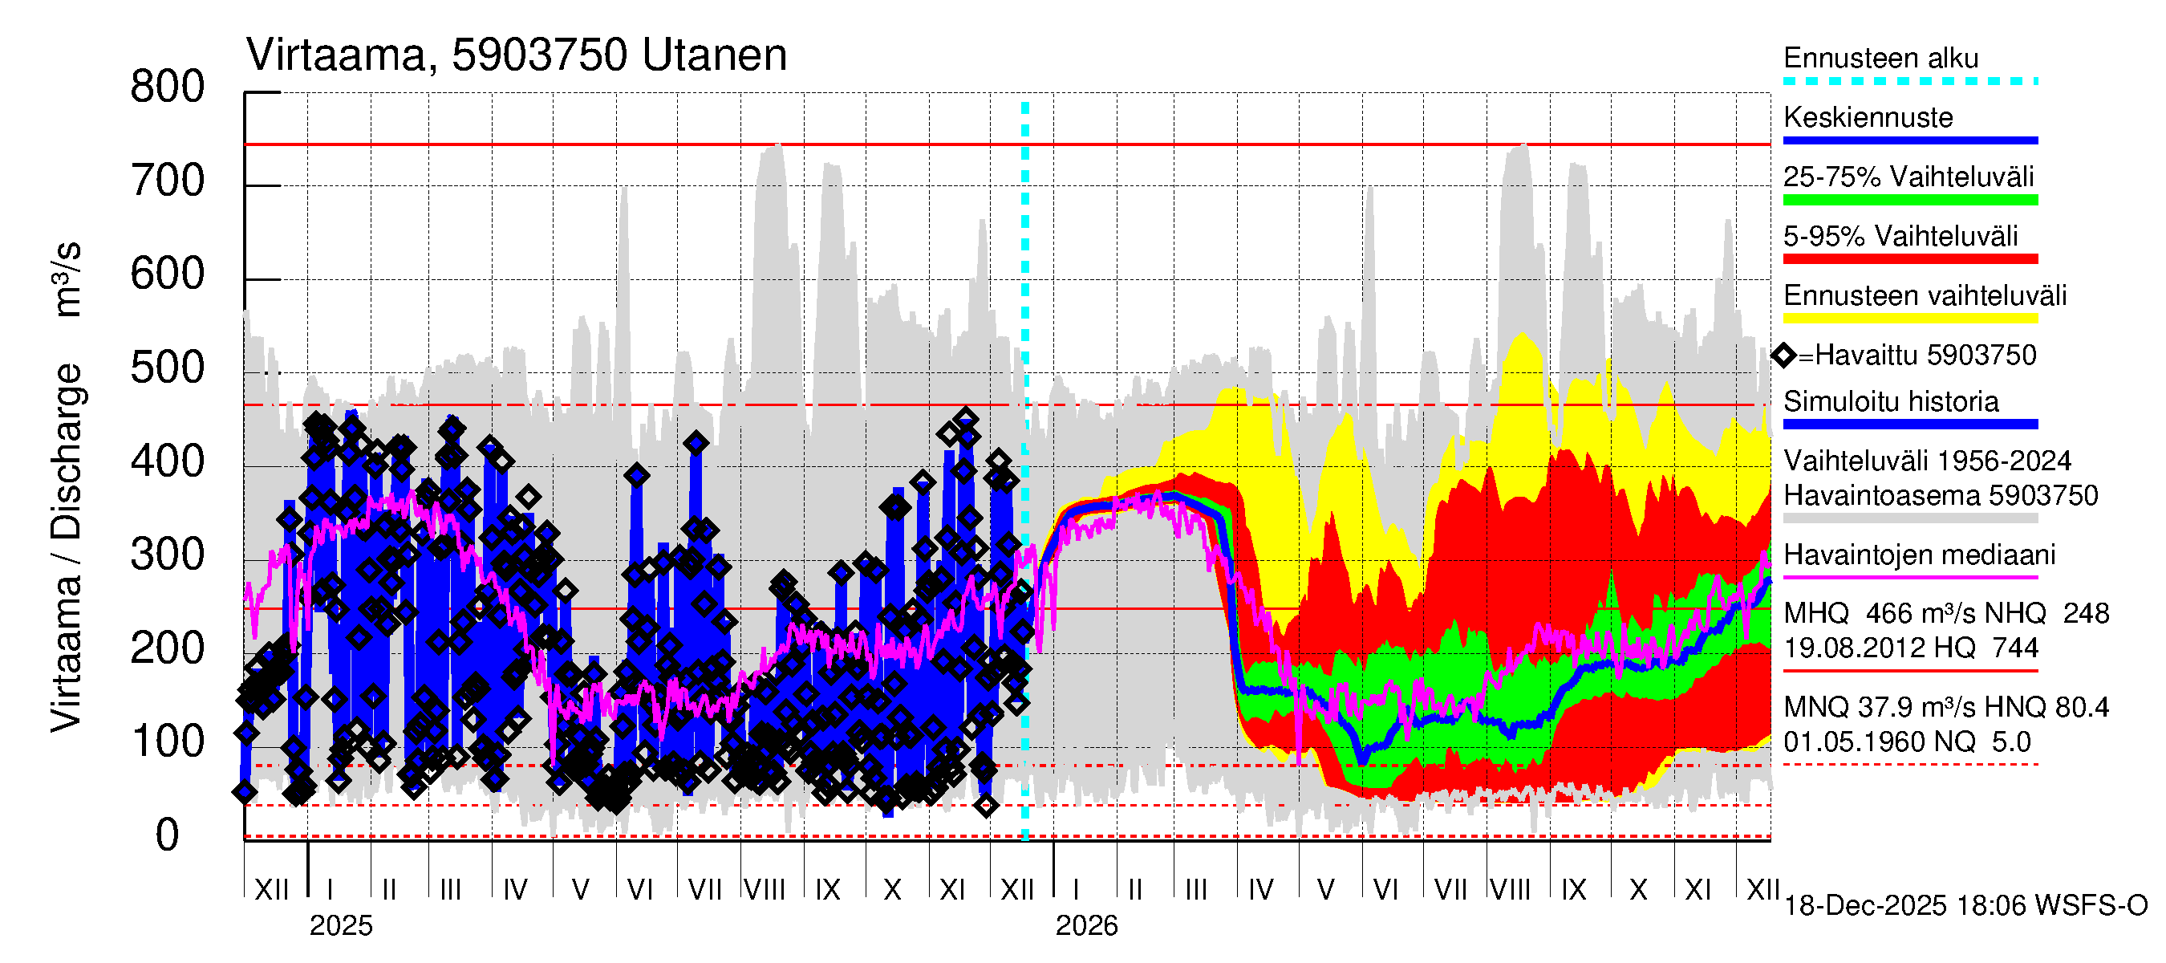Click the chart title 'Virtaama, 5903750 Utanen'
517,55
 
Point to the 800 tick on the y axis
168,87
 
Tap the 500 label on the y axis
168,368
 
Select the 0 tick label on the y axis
168,835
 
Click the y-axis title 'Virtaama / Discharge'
67,547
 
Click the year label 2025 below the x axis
340,926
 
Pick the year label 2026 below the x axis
1086,926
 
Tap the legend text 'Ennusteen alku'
1881,59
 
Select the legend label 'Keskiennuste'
1868,118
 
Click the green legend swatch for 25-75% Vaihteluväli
1910,200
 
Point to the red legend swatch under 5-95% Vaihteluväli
1910,259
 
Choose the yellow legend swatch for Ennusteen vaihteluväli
1910,319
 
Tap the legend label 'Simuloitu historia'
1891,402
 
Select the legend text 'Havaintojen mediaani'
1920,555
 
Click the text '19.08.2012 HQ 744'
1911,648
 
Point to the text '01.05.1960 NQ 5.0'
1907,742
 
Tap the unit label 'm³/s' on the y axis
67,279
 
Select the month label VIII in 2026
1510,890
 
